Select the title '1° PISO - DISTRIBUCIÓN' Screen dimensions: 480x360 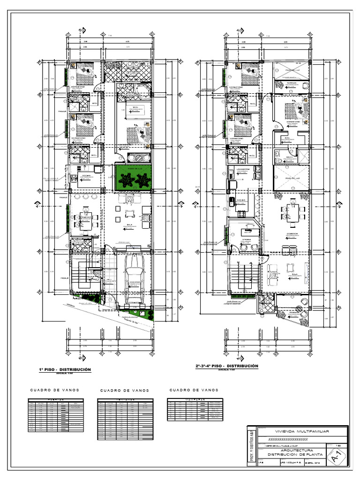65,370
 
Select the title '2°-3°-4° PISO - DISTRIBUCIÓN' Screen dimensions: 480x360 227,366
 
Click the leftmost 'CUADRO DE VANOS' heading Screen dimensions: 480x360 54,390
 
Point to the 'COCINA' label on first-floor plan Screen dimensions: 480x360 87,176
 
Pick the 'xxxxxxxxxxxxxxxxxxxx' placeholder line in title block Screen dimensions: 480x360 287,439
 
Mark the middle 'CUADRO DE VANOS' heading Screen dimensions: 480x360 125,390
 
